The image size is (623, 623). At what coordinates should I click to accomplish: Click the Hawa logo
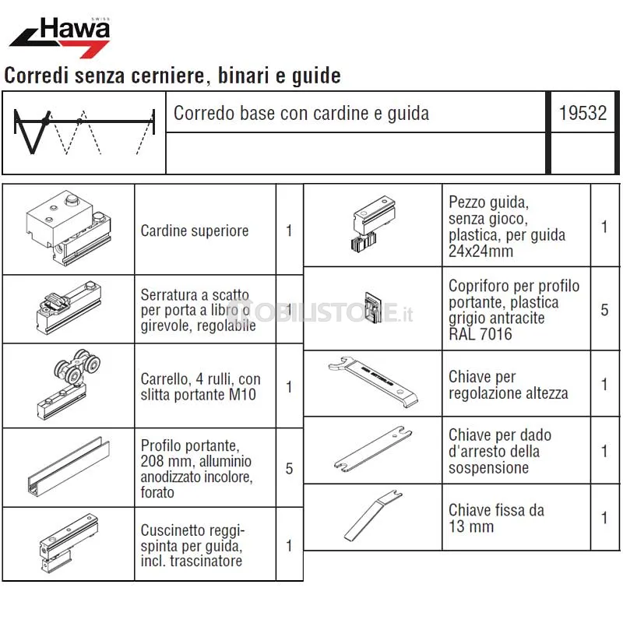click(60, 37)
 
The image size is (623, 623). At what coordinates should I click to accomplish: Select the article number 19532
click(583, 113)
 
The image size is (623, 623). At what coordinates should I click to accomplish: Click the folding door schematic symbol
click(84, 132)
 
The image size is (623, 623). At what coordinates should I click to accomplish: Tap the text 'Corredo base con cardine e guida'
click(301, 113)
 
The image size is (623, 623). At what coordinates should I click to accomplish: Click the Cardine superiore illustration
click(69, 228)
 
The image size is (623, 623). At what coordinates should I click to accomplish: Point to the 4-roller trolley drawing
click(69, 384)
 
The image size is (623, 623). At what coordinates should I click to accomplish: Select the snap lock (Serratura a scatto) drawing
click(69, 308)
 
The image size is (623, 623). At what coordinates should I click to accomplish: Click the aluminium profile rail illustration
click(69, 466)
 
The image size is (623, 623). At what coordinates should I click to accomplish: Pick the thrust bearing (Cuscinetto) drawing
click(69, 543)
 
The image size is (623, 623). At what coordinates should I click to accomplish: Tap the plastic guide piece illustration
click(374, 224)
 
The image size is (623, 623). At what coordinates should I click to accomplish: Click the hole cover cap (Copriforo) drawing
click(374, 307)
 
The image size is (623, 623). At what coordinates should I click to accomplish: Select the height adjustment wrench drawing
click(373, 382)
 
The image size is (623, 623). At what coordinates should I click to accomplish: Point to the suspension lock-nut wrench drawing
click(373, 449)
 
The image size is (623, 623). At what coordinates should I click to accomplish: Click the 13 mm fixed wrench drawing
click(373, 516)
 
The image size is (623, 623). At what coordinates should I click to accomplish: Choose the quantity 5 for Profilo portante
click(289, 469)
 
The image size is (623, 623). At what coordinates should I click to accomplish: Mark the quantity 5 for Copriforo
click(604, 310)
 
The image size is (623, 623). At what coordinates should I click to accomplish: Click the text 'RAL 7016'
click(480, 334)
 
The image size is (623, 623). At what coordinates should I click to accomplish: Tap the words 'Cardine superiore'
click(195, 231)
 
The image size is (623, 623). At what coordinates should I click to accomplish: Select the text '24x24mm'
click(480, 251)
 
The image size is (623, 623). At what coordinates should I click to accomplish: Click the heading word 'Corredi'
click(37, 75)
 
